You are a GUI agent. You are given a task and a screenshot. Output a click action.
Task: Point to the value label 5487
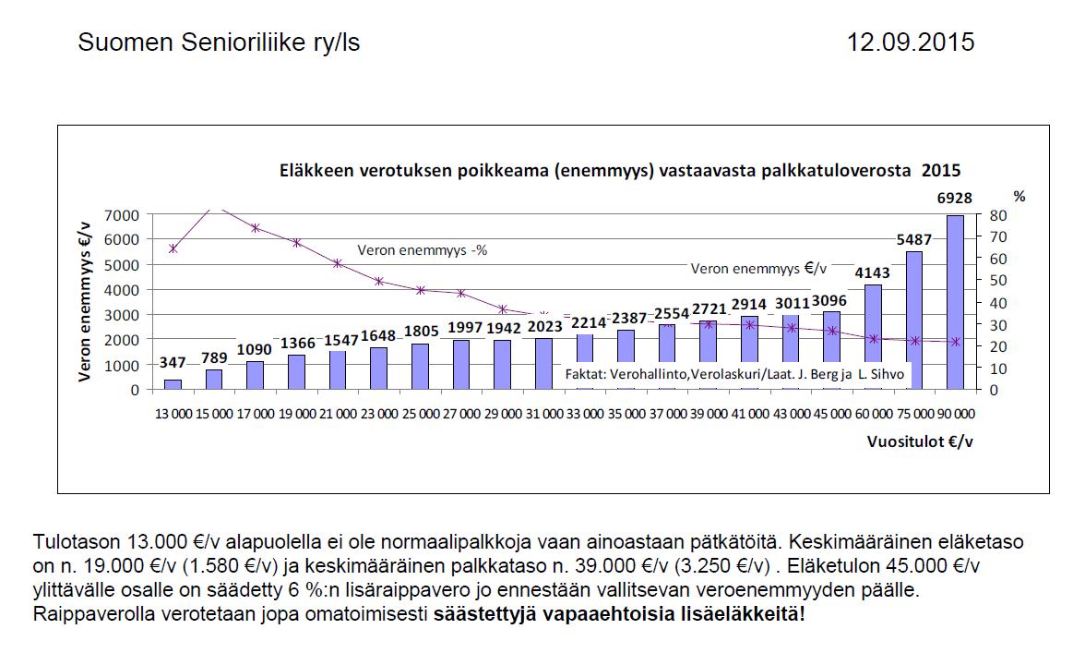click(913, 239)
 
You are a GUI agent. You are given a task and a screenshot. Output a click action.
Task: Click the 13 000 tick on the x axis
click(173, 413)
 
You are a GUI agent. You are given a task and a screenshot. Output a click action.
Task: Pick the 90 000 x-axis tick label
click(955, 413)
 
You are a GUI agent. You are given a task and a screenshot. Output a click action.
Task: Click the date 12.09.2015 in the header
click(911, 42)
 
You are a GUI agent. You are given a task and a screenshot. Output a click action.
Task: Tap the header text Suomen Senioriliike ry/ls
click(219, 42)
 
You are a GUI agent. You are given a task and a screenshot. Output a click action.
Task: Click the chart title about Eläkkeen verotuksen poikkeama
click(620, 170)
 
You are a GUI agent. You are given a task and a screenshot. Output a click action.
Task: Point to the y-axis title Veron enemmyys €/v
click(84, 302)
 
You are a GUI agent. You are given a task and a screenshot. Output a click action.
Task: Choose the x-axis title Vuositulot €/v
click(920, 441)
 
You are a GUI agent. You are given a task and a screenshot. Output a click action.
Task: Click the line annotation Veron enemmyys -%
click(422, 249)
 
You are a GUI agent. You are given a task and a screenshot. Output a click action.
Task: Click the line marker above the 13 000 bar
click(173, 248)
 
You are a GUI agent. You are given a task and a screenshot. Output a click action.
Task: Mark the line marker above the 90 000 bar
click(955, 342)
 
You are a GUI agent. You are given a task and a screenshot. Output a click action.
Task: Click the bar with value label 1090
click(255, 375)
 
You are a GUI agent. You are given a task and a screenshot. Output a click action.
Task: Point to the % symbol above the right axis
click(1019, 196)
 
